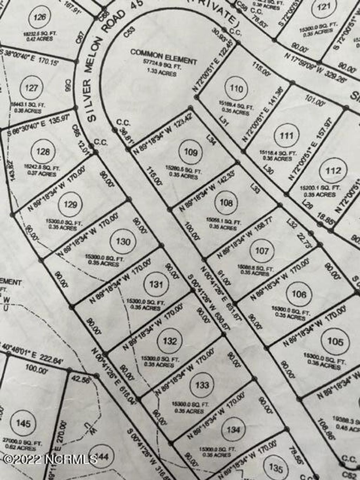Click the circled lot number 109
coord(191,152)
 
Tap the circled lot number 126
coord(40,17)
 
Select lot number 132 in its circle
coord(170,341)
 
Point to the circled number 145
coord(23,423)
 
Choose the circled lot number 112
coord(333,171)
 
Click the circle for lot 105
coord(335,341)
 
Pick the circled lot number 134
coord(233,429)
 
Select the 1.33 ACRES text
coord(162,72)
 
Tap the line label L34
coord(211,140)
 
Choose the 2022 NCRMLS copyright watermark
coord(50,459)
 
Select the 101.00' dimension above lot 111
coord(315,103)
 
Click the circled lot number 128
coord(43,152)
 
